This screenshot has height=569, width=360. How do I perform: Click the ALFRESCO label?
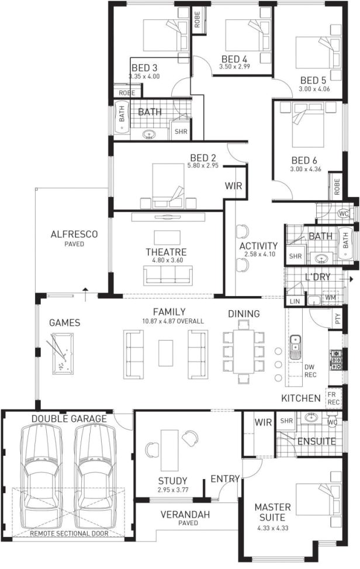(x=74, y=234)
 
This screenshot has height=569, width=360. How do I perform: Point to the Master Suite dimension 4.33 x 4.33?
(x=269, y=529)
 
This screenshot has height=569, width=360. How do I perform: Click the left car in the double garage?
(x=41, y=467)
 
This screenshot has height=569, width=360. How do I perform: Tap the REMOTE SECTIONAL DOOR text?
(x=68, y=533)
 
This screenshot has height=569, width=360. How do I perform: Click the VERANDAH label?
(x=185, y=514)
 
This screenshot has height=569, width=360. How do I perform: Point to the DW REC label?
(x=310, y=371)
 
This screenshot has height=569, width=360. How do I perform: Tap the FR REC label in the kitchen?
(x=334, y=399)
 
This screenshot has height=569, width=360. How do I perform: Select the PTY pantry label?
(x=337, y=319)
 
